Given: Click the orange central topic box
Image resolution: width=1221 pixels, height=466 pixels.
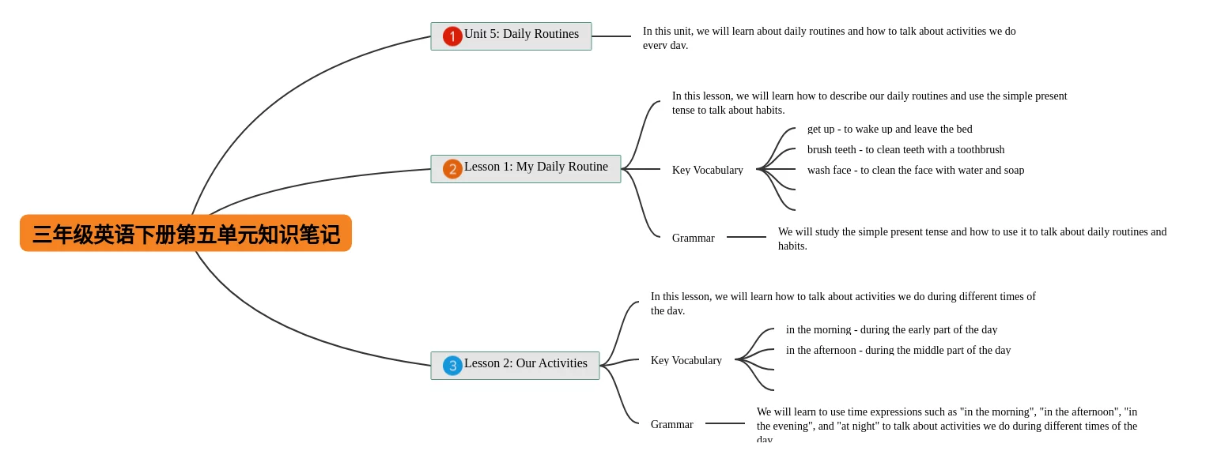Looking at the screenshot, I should (x=186, y=233).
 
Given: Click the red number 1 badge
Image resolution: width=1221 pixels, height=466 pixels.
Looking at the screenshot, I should (x=452, y=36).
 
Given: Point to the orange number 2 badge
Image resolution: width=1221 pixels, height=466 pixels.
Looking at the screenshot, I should (x=452, y=169).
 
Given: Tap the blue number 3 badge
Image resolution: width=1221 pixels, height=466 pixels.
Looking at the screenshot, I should (x=452, y=366).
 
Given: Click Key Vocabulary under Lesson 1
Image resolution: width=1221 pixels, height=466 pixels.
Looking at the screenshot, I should (x=707, y=170).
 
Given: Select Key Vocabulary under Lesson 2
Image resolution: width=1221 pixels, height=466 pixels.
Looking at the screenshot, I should (x=686, y=360).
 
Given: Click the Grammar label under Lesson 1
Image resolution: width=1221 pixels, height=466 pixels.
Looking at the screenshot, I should (x=693, y=238).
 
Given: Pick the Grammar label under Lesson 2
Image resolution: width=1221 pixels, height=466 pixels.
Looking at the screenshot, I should (x=671, y=424).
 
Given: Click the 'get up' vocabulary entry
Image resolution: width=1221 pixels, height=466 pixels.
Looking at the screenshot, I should (x=889, y=129).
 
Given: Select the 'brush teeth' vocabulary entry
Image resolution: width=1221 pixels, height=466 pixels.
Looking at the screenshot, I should (x=905, y=149).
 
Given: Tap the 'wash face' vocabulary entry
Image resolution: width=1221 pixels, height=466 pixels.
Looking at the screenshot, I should (x=915, y=170).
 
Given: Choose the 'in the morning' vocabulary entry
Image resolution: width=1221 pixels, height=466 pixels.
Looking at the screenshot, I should (x=891, y=329).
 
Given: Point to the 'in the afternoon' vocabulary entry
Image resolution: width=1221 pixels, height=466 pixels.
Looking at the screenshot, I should (x=898, y=350).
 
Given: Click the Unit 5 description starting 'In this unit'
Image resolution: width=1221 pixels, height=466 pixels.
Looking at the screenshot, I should (x=829, y=37).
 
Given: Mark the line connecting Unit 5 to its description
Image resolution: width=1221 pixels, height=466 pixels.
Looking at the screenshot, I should (x=611, y=36).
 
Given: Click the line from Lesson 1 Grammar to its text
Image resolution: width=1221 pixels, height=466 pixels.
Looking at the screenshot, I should (x=747, y=237).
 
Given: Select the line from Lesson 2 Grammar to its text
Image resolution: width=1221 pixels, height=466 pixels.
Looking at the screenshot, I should (x=725, y=423).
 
